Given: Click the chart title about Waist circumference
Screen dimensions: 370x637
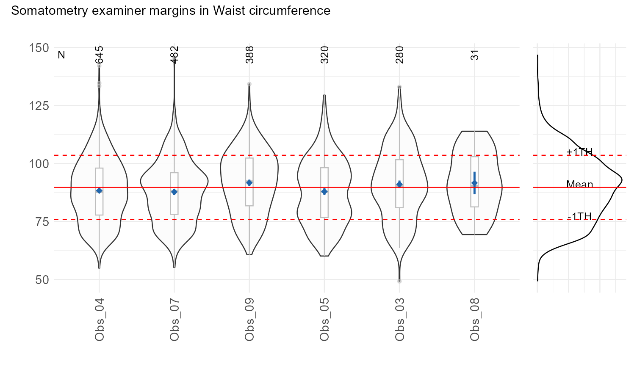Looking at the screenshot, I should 171,11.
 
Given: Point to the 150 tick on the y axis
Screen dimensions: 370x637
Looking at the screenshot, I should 39,48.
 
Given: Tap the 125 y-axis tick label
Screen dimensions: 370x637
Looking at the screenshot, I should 39,106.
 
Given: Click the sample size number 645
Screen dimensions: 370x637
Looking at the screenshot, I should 100,55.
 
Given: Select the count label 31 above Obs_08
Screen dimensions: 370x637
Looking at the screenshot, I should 475,55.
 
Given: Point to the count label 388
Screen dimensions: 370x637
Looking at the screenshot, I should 250,55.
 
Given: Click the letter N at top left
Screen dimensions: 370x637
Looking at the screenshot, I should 61,55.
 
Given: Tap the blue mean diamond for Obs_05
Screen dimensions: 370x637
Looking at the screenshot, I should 324,192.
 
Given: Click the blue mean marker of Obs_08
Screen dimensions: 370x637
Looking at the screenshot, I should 474,183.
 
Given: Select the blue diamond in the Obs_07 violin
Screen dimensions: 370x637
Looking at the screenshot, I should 174,192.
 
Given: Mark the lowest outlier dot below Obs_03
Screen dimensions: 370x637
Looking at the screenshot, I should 399,281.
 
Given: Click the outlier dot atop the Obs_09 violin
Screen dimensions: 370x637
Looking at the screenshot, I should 249,84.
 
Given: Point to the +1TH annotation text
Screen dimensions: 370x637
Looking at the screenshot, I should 579,152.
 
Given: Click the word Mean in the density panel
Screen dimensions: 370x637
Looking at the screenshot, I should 579,184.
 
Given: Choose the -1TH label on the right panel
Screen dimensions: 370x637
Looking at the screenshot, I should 579,216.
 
